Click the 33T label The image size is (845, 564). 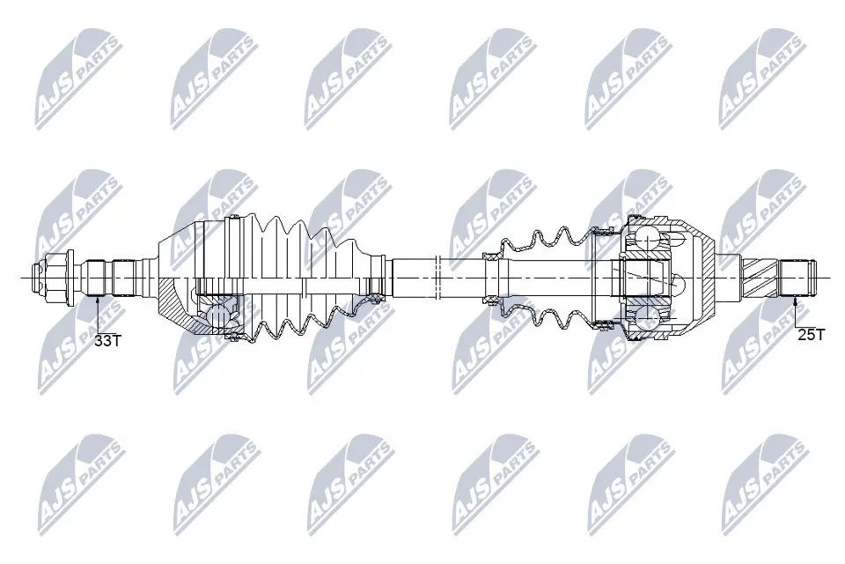click(107, 339)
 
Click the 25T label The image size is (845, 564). click(810, 334)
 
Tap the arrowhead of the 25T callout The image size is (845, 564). click(796, 300)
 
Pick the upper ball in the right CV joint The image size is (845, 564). click(649, 239)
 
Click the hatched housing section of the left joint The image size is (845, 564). click(176, 308)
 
